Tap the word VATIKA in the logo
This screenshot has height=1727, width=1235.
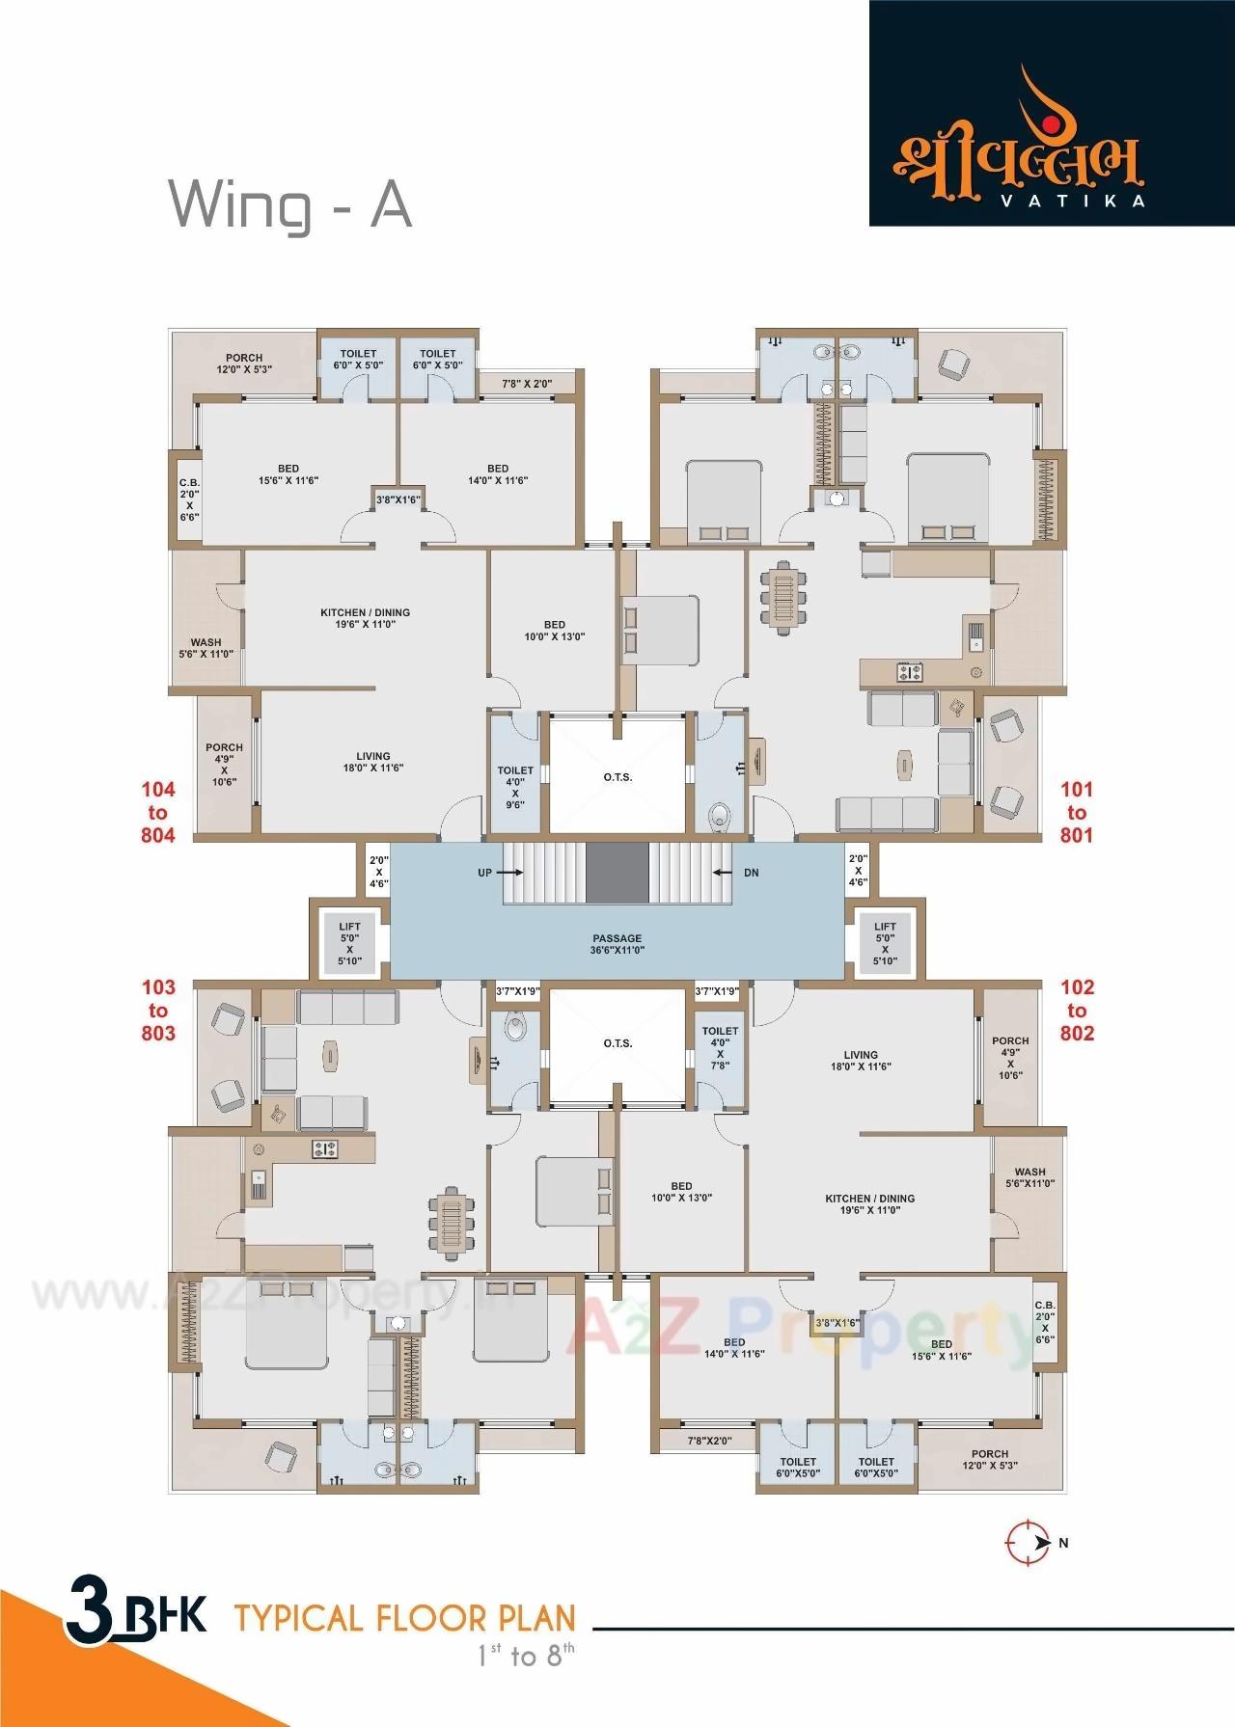point(1087,202)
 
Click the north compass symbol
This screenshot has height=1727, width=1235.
point(1029,1542)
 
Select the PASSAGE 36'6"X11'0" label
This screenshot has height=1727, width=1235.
point(617,944)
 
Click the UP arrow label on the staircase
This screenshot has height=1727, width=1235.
point(485,873)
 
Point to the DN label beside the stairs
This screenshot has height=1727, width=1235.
point(751,873)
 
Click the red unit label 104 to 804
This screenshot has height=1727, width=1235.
point(158,813)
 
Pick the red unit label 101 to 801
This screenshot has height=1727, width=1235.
point(1077,812)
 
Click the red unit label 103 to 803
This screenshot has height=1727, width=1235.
point(158,1010)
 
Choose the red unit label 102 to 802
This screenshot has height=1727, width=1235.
point(1077,1010)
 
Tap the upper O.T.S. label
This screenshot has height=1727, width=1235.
point(617,776)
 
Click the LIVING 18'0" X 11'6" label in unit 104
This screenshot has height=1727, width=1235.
point(373,762)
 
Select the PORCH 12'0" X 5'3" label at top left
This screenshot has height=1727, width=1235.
point(244,363)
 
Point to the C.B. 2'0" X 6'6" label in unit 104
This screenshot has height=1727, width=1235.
point(189,499)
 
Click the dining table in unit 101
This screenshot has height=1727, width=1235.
point(782,601)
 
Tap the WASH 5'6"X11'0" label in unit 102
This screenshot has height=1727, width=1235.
point(1029,1177)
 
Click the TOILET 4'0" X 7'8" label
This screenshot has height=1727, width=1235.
point(720,1048)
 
